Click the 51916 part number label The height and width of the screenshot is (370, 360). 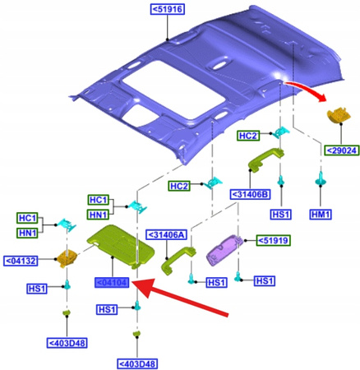click(167, 9)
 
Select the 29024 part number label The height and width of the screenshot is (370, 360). click(339, 150)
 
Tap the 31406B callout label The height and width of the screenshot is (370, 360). click(248, 193)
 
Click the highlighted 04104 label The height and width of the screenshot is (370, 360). click(110, 283)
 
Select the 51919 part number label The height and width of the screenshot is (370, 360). click(271, 240)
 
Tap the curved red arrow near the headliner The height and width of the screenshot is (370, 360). click(305, 88)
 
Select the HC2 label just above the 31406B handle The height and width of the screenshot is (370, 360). click(248, 135)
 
